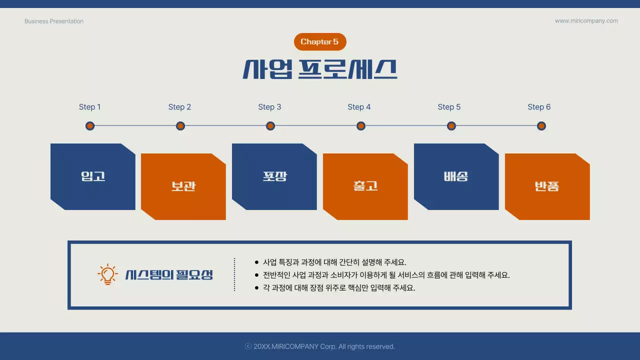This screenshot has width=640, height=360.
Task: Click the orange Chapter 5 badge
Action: pos(319,42)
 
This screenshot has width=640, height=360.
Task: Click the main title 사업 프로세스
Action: pos(320,69)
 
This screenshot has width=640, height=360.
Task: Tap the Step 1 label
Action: pos(90,107)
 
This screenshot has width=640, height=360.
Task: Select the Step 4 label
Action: pos(359,107)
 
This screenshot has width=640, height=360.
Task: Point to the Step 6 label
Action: pos(539,107)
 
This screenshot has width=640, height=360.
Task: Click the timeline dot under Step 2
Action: pos(180,126)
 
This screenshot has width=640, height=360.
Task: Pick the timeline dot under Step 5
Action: pos(451,126)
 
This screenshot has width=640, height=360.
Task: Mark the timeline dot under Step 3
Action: pos(270,126)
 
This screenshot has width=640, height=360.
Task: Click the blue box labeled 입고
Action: pos(93,176)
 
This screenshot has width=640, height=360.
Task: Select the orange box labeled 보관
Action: pos(183,186)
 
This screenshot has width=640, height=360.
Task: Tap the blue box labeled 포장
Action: pos(274,176)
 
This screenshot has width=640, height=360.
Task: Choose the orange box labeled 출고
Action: pos(365,186)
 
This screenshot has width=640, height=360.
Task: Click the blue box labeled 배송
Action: pos(456,176)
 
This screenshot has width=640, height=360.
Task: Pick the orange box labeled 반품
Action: pos(547,186)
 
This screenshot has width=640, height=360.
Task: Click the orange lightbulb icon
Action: pos(107,274)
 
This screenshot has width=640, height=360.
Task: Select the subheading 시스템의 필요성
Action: pos(169,274)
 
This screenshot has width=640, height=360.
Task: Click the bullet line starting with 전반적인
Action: pos(386,275)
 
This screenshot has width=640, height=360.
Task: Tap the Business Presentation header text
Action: pos(54,21)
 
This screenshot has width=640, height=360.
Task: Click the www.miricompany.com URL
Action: pos(586,21)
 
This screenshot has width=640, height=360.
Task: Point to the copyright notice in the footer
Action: pos(320,346)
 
